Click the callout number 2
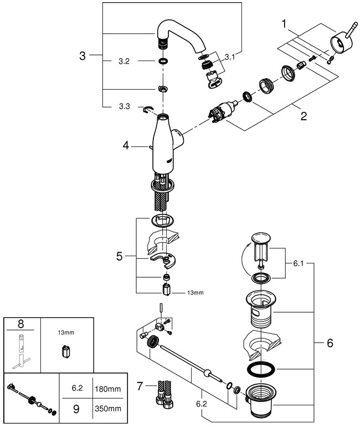pyautogui.click(x=303, y=116)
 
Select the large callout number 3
pyautogui.click(x=83, y=55)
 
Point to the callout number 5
pyautogui.click(x=119, y=256)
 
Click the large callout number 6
pyautogui.click(x=330, y=343)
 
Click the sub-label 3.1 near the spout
pyautogui.click(x=230, y=56)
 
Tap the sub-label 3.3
pyautogui.click(x=124, y=106)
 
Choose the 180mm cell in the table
pyautogui.click(x=107, y=390)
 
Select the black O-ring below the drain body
pyautogui.click(x=259, y=369)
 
